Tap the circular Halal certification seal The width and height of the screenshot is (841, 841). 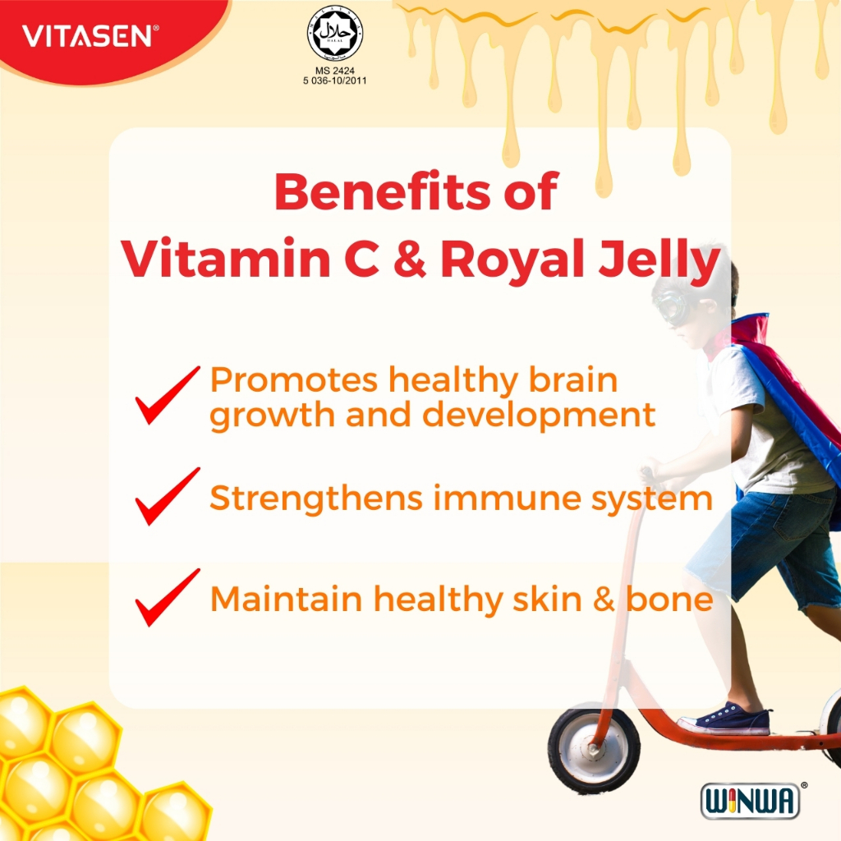coord(335,33)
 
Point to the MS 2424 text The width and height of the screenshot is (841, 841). coord(335,71)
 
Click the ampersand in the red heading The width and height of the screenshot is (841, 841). coord(410,258)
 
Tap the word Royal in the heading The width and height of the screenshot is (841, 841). coord(512,261)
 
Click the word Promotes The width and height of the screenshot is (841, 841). coord(294,380)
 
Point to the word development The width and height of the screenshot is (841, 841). coord(539,416)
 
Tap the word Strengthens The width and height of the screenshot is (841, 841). coord(316,499)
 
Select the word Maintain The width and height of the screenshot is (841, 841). coord(287,599)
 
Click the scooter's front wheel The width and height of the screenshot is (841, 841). coord(594,749)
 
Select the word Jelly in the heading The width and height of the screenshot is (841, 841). coord(659,261)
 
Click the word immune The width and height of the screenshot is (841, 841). coord(507,499)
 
